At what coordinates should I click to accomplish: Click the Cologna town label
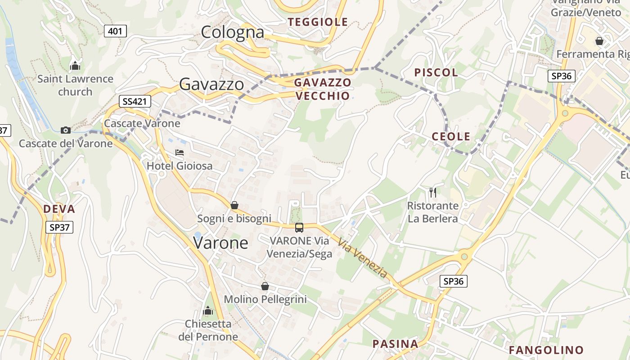pyautogui.click(x=232, y=32)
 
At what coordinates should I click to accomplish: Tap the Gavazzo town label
pyautogui.click(x=211, y=84)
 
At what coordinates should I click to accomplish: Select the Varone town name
pyautogui.click(x=220, y=243)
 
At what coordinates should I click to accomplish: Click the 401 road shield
pyautogui.click(x=115, y=31)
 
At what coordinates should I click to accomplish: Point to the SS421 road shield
pyautogui.click(x=135, y=101)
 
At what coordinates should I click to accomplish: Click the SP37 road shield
pyautogui.click(x=59, y=227)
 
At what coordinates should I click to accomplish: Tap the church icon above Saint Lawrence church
pyautogui.click(x=75, y=66)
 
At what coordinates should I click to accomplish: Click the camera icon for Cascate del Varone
pyautogui.click(x=66, y=130)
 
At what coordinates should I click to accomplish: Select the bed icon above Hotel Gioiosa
pyautogui.click(x=180, y=153)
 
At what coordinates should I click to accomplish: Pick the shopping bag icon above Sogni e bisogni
pyautogui.click(x=234, y=205)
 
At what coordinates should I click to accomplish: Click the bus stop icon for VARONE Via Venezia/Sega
pyautogui.click(x=299, y=228)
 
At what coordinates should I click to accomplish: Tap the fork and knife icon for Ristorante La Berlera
pyautogui.click(x=433, y=193)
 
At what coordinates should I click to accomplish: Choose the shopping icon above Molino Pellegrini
pyautogui.click(x=265, y=286)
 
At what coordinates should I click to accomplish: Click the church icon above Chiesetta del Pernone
pyautogui.click(x=208, y=310)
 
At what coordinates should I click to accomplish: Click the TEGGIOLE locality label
pyautogui.click(x=318, y=22)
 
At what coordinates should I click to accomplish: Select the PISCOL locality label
pyautogui.click(x=436, y=72)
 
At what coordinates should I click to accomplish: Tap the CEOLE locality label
pyautogui.click(x=451, y=137)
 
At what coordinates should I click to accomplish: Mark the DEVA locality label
pyautogui.click(x=59, y=209)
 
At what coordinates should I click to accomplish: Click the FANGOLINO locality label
pyautogui.click(x=546, y=350)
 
